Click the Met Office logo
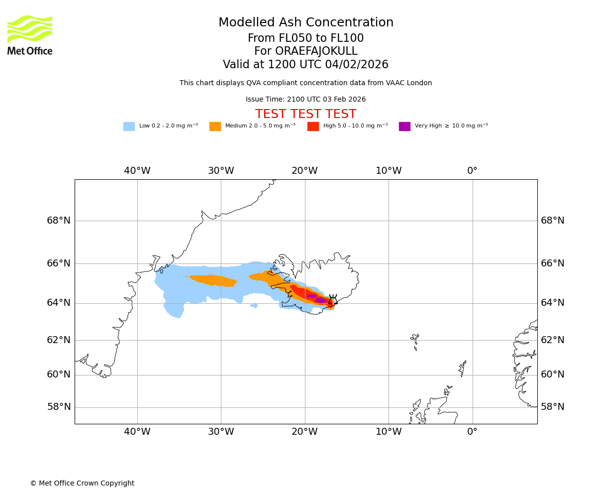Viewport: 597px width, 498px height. click(30, 35)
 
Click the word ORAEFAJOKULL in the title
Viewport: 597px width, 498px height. click(305, 51)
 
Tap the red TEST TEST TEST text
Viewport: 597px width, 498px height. click(305, 115)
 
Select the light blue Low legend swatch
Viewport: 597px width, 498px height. click(129, 126)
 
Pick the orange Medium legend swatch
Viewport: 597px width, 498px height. click(215, 126)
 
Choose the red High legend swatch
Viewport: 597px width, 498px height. click(313, 126)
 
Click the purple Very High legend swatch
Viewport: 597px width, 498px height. click(404, 126)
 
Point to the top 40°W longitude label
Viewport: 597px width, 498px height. click(137, 171)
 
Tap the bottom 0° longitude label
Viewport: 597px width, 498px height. click(472, 432)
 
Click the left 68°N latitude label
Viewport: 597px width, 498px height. click(59, 221)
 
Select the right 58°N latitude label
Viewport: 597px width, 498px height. click(553, 407)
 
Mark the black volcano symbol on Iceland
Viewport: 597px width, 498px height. click(333, 299)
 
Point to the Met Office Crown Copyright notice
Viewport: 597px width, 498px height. click(82, 484)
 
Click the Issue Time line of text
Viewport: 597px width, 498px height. click(305, 100)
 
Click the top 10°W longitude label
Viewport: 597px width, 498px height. click(389, 171)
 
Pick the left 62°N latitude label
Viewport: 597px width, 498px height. click(59, 340)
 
